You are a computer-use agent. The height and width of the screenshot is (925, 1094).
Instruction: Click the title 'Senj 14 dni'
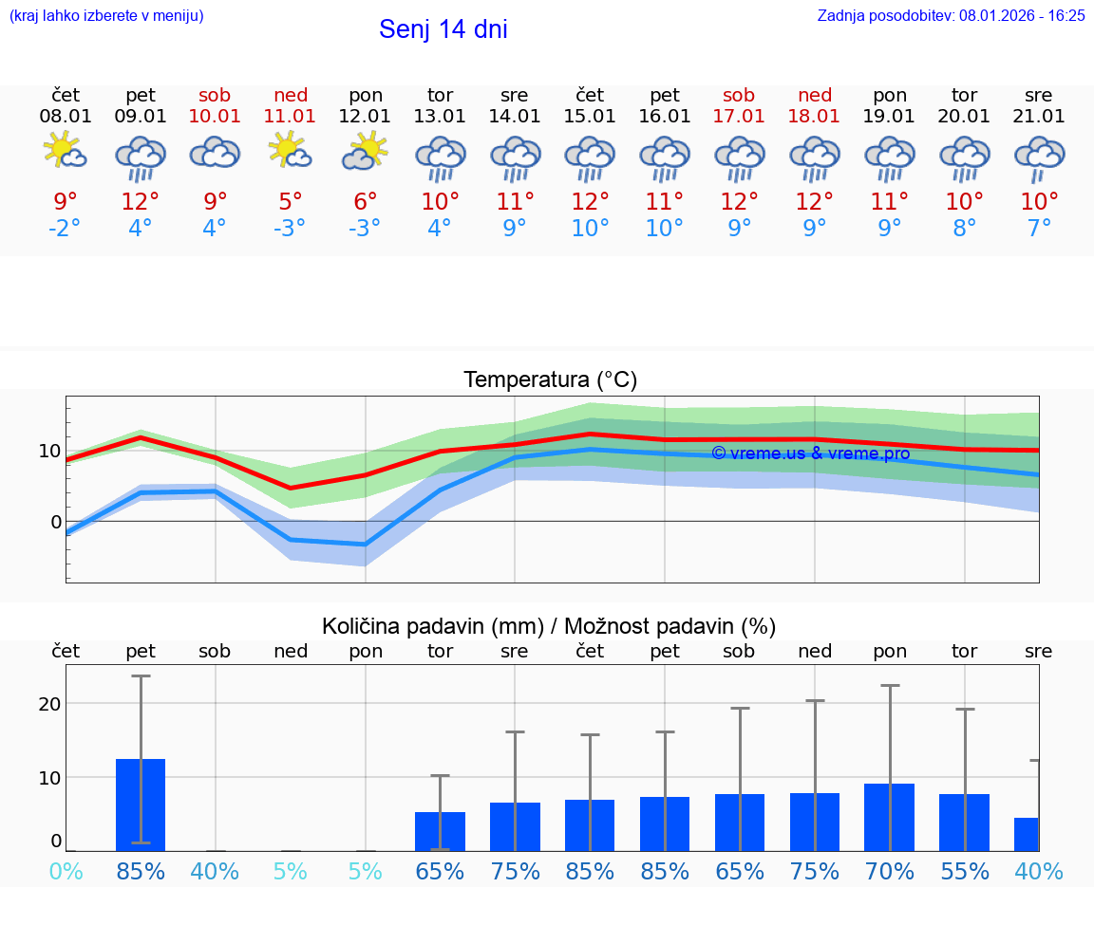(x=443, y=29)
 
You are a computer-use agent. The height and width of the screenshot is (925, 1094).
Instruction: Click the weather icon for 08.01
(x=66, y=152)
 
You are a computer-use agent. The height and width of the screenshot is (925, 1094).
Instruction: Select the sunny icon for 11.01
(x=291, y=152)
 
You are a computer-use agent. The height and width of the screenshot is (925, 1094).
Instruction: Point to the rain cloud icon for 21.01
(x=1039, y=157)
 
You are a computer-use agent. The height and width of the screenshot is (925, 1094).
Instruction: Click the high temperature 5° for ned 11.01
(x=291, y=202)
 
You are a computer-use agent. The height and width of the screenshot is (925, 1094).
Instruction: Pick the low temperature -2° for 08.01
(x=66, y=229)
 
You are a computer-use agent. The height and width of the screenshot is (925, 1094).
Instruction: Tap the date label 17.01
(x=739, y=116)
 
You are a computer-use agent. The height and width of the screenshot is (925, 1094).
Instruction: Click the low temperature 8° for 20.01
(x=964, y=229)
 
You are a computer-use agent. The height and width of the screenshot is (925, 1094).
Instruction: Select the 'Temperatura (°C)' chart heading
(x=550, y=379)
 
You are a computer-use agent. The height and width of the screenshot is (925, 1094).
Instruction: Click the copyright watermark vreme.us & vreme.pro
(x=810, y=453)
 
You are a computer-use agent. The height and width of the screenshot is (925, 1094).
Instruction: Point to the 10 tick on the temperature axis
(x=50, y=451)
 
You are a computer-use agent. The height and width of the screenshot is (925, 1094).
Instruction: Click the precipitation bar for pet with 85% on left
(x=141, y=805)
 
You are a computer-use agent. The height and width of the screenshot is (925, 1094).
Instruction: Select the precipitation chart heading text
(x=549, y=626)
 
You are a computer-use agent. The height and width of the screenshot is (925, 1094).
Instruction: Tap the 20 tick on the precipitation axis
(x=50, y=703)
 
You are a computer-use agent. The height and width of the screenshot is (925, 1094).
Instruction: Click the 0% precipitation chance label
(x=66, y=871)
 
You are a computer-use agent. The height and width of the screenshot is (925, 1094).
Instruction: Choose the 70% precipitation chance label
(x=889, y=871)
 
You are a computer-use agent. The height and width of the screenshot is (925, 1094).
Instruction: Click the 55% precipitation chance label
(x=964, y=871)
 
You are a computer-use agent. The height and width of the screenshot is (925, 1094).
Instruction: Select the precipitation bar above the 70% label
(x=889, y=817)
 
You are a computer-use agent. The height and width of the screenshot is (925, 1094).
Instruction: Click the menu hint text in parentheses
(x=106, y=15)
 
